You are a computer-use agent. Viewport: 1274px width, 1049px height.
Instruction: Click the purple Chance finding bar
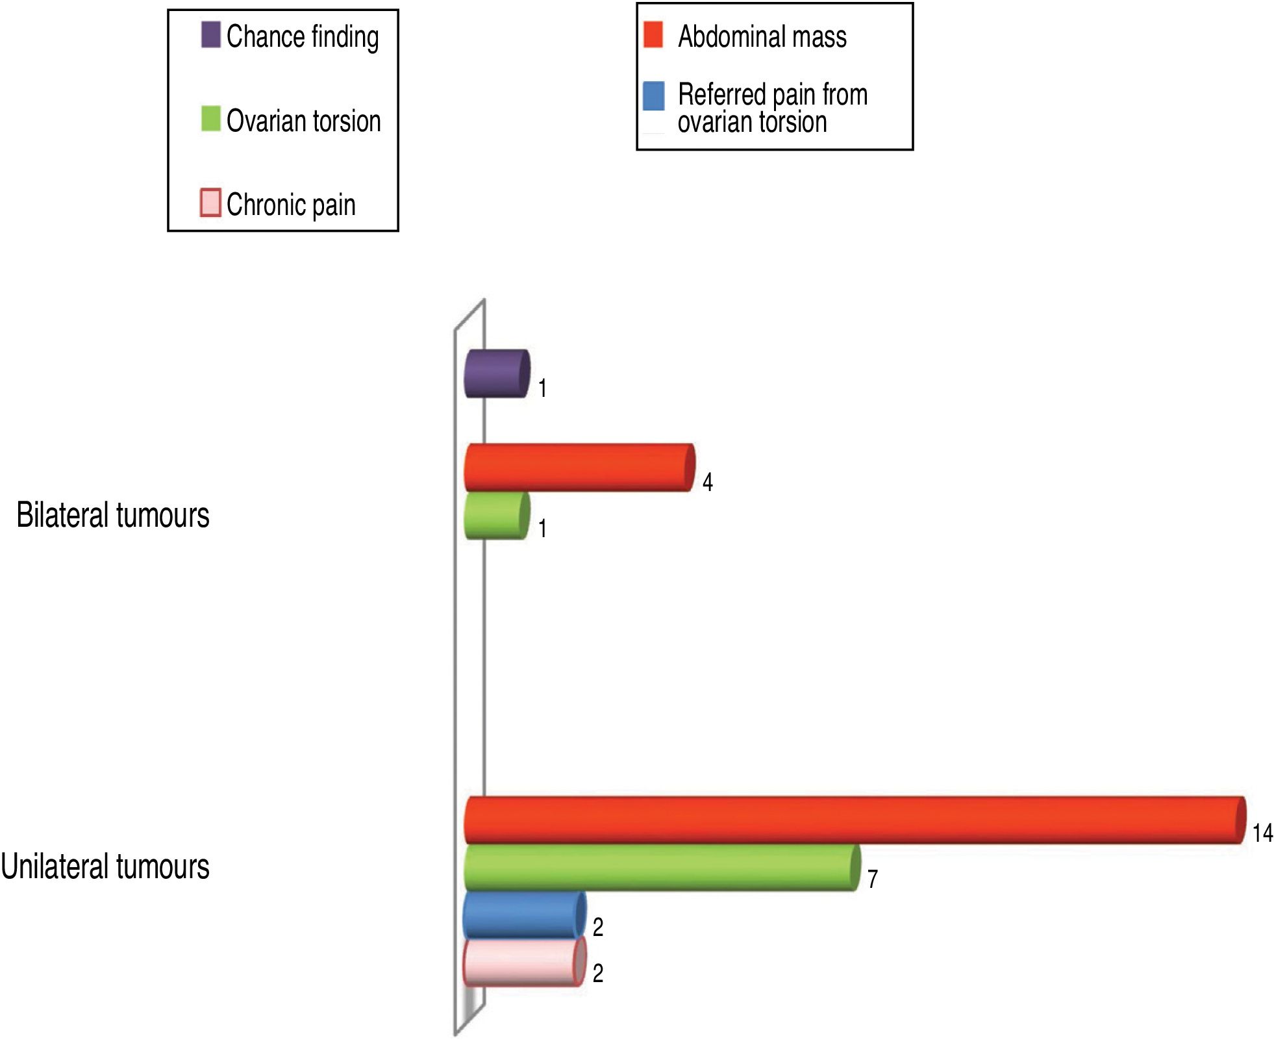point(497,373)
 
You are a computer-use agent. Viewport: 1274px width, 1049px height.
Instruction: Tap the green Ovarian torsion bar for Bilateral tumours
point(497,515)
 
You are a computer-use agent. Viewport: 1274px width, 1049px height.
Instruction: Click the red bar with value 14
point(855,820)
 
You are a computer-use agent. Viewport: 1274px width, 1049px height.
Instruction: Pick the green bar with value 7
point(662,867)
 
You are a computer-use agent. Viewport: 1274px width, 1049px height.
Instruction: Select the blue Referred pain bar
point(524,915)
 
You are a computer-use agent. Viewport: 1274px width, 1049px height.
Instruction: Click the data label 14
point(1262,833)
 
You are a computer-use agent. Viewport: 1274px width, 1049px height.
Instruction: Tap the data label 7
point(873,879)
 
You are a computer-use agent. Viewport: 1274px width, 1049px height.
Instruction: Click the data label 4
point(708,482)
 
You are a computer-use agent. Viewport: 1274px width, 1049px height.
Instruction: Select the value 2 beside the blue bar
point(598,927)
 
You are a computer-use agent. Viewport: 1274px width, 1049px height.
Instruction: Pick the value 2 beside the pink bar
point(598,973)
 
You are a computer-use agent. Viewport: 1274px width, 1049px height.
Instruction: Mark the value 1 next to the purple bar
point(542,388)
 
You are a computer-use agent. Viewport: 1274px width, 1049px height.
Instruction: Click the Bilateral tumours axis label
point(113,516)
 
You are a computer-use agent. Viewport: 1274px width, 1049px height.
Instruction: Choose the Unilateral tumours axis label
point(105,867)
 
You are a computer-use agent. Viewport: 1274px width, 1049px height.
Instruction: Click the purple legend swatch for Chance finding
point(210,35)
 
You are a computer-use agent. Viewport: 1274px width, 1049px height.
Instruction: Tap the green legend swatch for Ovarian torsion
point(210,119)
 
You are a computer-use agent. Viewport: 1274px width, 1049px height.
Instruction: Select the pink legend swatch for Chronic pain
point(210,203)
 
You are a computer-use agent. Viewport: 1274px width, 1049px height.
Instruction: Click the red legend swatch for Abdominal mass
point(653,35)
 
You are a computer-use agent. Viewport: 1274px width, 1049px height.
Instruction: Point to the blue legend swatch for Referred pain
point(653,96)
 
